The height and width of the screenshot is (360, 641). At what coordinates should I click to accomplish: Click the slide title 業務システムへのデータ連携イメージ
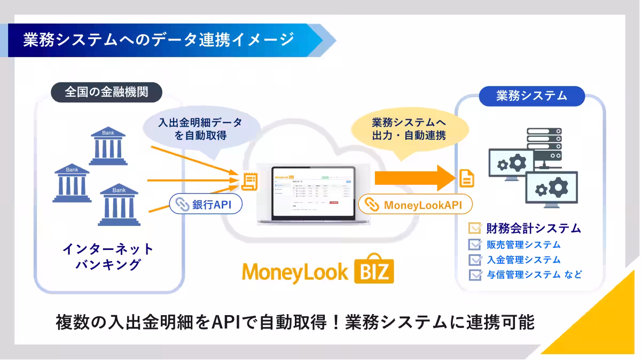(159, 40)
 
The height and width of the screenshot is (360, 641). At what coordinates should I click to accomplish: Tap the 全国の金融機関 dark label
(106, 92)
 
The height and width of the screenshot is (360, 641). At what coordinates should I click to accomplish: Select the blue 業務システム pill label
(531, 96)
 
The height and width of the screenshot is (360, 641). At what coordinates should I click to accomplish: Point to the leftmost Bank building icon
(72, 184)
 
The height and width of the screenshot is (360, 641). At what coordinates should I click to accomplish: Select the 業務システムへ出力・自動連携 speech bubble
(409, 129)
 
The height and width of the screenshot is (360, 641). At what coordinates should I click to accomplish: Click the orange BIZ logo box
(374, 271)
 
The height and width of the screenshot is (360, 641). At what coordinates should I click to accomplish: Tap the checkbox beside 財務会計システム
(474, 229)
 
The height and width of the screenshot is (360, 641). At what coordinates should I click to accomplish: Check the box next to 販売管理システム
(474, 245)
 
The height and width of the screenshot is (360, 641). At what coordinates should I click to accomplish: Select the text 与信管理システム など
(534, 275)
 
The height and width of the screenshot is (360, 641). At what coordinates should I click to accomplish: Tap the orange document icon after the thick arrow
(467, 178)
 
